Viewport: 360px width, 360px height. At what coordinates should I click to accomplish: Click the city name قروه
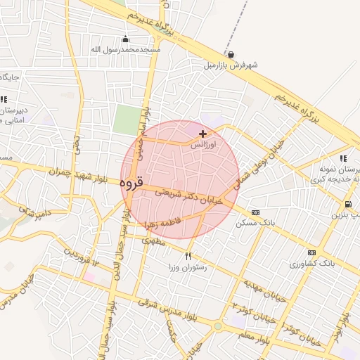(x=131, y=183)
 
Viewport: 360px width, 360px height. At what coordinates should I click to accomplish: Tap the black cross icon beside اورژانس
(x=203, y=134)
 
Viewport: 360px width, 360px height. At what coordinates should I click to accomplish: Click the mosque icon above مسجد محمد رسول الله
(x=126, y=39)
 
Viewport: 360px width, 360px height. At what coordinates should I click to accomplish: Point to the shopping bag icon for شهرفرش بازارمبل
(x=231, y=54)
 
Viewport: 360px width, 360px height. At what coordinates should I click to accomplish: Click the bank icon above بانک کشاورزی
(x=311, y=253)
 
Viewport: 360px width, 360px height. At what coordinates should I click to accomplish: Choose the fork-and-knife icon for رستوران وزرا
(x=188, y=255)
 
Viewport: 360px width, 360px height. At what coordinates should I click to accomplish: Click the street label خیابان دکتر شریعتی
(x=188, y=195)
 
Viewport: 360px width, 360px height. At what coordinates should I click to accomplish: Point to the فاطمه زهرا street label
(x=162, y=223)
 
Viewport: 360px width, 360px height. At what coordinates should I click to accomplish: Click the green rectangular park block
(x=127, y=120)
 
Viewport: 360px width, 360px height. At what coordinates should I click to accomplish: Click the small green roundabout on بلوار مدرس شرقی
(x=219, y=326)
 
